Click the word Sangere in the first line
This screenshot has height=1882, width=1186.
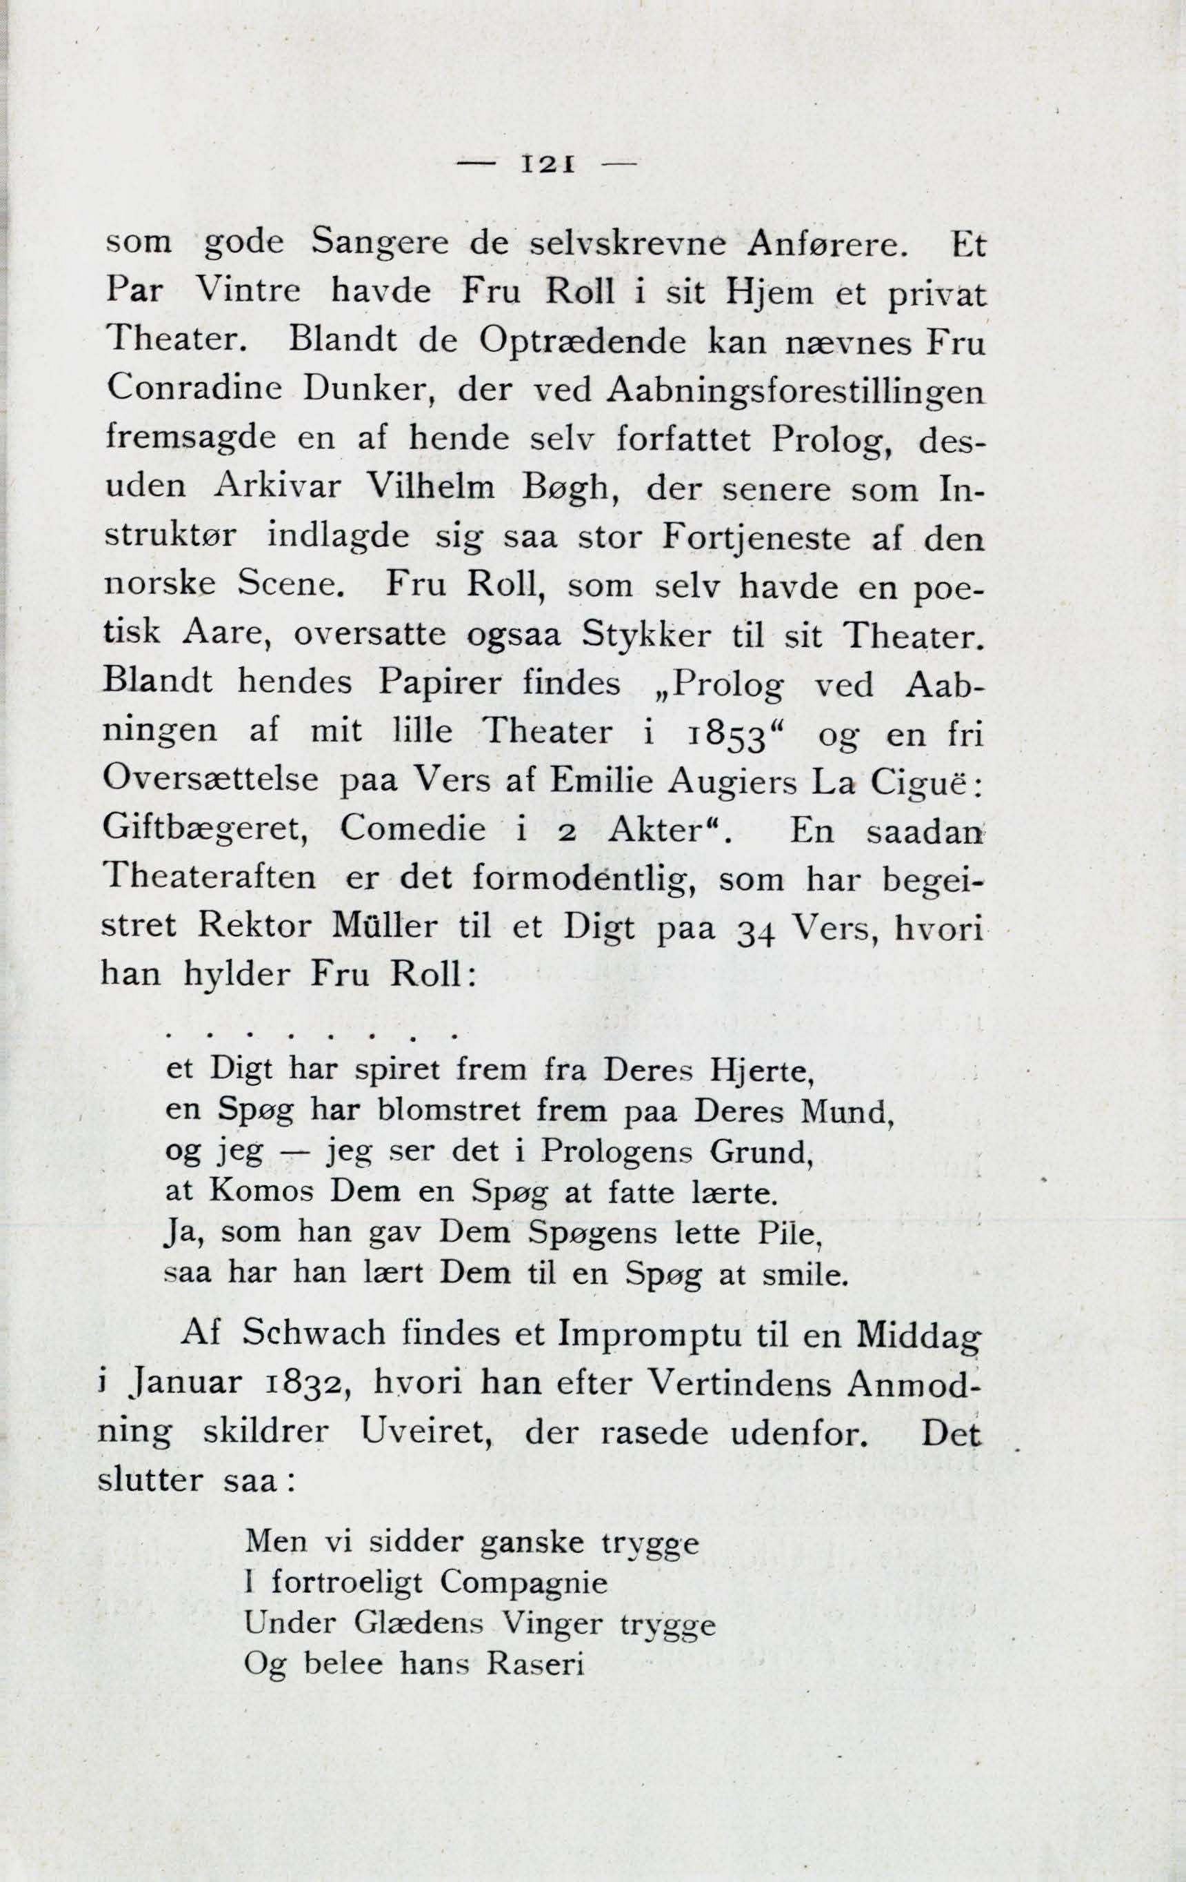(x=379, y=245)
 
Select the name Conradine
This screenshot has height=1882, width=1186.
(x=192, y=389)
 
